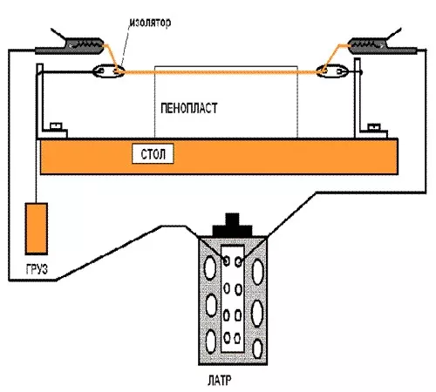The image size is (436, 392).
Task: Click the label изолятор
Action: point(150,23)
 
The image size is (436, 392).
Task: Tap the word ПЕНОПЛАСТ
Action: point(189,108)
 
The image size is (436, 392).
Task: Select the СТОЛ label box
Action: point(153,153)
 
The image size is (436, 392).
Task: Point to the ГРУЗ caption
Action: point(37,269)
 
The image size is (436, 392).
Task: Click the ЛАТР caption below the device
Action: point(220,380)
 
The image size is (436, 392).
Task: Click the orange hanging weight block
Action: point(37,228)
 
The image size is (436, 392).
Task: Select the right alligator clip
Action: point(383,45)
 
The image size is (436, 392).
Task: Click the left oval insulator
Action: point(108,71)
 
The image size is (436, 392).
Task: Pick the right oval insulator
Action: point(332,71)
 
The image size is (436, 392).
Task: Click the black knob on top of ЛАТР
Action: point(232,226)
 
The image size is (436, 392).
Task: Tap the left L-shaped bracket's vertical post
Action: point(40,100)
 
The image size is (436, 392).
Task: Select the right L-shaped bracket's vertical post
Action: point(358,98)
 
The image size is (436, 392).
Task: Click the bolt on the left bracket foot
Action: point(56,126)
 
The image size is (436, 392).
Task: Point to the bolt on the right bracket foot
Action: point(374,127)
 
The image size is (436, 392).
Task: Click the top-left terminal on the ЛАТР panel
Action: point(226,260)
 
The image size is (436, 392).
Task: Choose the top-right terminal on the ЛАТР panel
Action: point(238,262)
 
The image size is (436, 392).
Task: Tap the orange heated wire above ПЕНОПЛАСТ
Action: point(221,71)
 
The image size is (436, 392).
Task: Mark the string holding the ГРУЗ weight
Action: point(37,137)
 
